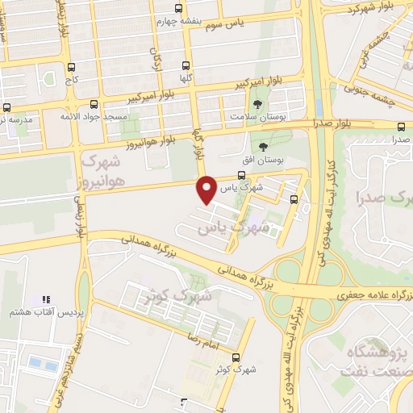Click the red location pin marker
208,189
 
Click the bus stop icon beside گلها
186,67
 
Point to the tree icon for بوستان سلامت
257,106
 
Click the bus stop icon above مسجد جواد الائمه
94,104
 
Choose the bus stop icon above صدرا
402,126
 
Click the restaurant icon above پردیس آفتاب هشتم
46,299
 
